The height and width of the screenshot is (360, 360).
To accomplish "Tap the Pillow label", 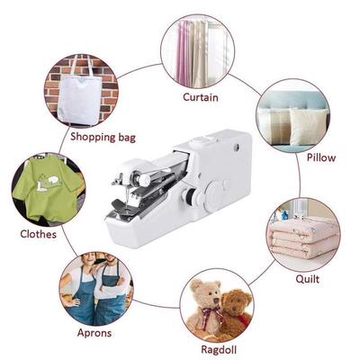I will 320,157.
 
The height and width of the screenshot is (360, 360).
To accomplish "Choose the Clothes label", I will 37,234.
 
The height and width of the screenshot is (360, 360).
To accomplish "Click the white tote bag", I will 79,90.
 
